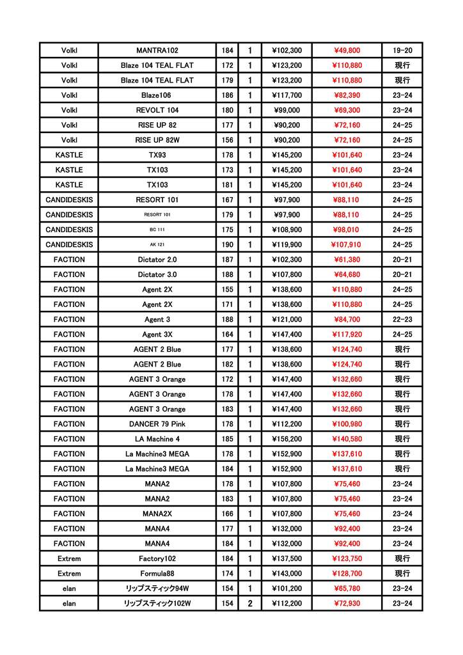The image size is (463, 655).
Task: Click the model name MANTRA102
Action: [157, 51]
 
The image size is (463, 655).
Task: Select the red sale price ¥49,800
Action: [347, 51]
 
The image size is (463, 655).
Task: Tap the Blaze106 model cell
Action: [157, 95]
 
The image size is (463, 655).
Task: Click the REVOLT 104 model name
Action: [157, 110]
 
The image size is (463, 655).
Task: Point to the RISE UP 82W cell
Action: [157, 140]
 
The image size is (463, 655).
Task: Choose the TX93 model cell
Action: [157, 155]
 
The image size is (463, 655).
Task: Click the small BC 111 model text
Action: [157, 230]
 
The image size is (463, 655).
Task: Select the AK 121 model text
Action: [157, 244]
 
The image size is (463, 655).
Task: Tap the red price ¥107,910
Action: [347, 244]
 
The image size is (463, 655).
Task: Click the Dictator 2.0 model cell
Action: [157, 260]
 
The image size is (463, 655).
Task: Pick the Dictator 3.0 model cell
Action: [157, 274]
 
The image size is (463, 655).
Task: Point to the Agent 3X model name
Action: [157, 335]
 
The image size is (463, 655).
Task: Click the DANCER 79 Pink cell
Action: [157, 424]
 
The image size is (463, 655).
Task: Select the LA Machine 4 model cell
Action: [157, 439]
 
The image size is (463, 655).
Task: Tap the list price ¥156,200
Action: [287, 439]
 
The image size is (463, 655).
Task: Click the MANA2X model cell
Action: [157, 514]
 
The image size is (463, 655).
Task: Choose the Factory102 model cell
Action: [157, 558]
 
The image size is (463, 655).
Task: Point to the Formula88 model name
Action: [157, 574]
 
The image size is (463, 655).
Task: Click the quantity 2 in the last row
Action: [250, 603]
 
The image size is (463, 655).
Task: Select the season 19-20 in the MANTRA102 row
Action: [402, 51]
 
